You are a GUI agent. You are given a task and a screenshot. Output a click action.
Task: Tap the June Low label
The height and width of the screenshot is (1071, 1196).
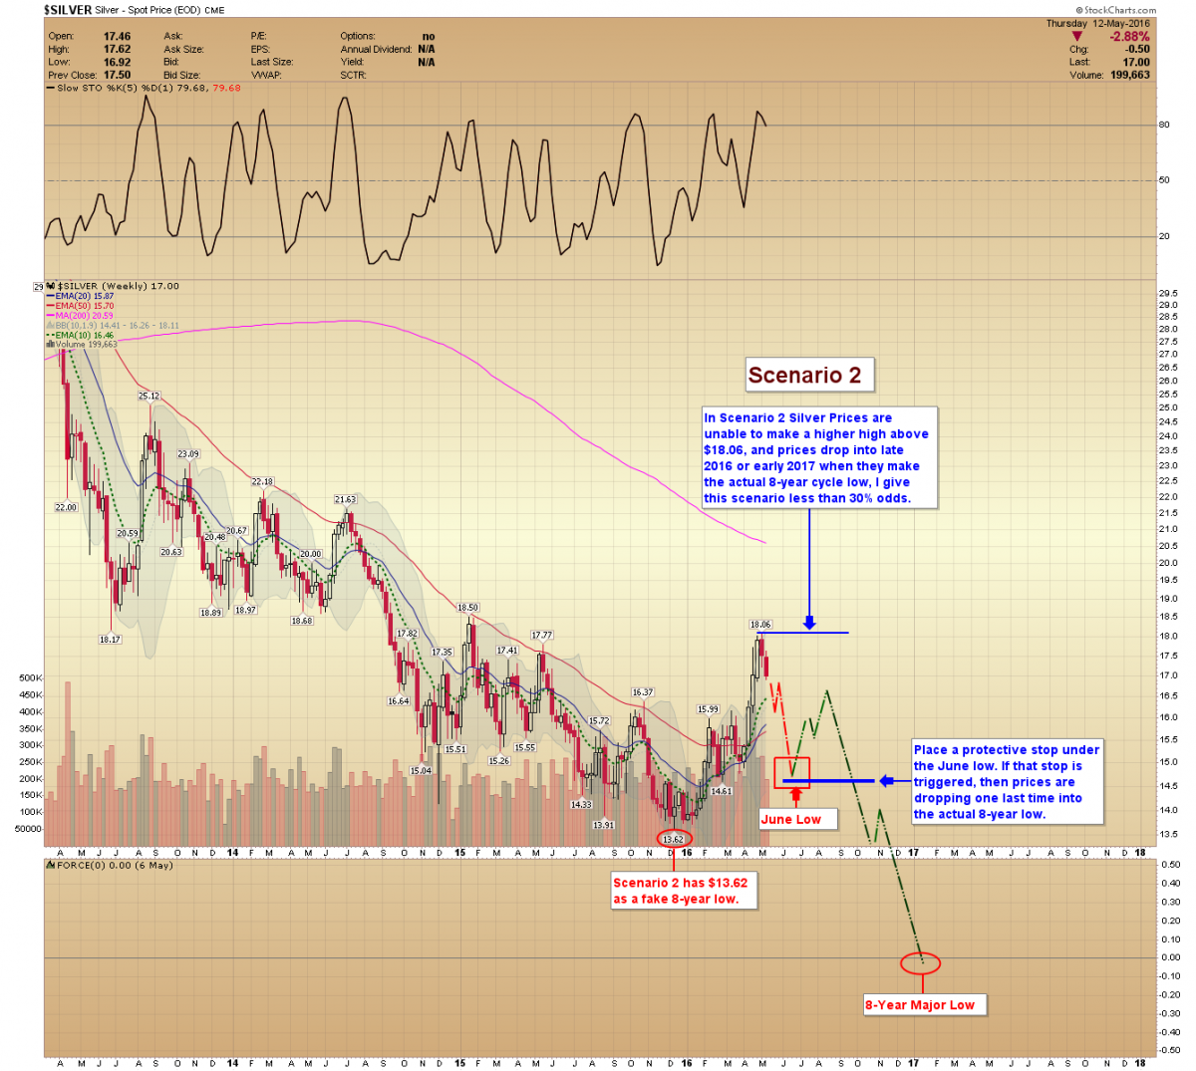click(x=791, y=819)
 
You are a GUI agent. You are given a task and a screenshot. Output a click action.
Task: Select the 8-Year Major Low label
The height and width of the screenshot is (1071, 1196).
click(x=920, y=1004)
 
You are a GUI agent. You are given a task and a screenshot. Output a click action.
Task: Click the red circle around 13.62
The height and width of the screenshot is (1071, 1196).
click(x=675, y=838)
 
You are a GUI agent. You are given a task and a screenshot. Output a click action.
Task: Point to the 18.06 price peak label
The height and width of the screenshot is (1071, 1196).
click(x=760, y=625)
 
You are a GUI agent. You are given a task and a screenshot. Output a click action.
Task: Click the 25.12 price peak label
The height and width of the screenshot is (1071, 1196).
click(x=149, y=396)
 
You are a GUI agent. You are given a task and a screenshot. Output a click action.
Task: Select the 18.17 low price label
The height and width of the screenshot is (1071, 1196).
click(x=110, y=639)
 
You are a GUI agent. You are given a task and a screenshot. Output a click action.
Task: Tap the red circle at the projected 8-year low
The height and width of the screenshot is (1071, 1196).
click(x=920, y=962)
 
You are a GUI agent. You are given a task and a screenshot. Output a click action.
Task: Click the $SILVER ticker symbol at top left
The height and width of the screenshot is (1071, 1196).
click(x=68, y=10)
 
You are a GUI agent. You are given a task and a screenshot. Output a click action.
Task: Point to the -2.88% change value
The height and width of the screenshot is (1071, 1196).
click(x=1129, y=37)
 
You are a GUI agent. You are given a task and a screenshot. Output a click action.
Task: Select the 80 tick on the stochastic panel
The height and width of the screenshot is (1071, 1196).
click(x=1164, y=125)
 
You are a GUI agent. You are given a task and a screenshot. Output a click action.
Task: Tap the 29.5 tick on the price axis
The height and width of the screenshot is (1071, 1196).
click(x=1168, y=293)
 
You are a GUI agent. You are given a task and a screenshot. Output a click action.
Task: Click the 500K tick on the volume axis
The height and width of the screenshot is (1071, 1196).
click(x=30, y=677)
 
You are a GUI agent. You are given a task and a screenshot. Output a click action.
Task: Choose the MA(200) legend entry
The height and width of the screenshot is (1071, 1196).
click(x=84, y=315)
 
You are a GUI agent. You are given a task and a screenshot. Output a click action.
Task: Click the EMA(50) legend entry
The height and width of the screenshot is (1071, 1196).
click(x=84, y=306)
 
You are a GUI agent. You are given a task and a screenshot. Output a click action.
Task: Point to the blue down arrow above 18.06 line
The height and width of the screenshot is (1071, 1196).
click(x=809, y=623)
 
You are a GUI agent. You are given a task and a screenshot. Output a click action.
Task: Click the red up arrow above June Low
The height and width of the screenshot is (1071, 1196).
click(x=795, y=795)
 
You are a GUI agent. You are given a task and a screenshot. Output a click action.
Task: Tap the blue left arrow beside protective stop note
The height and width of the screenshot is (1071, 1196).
click(x=885, y=781)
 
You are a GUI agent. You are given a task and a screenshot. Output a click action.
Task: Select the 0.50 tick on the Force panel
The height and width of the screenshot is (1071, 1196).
click(x=1169, y=864)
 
